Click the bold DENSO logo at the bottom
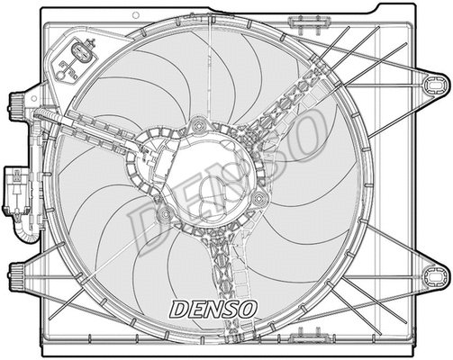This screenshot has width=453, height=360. [213, 309]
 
